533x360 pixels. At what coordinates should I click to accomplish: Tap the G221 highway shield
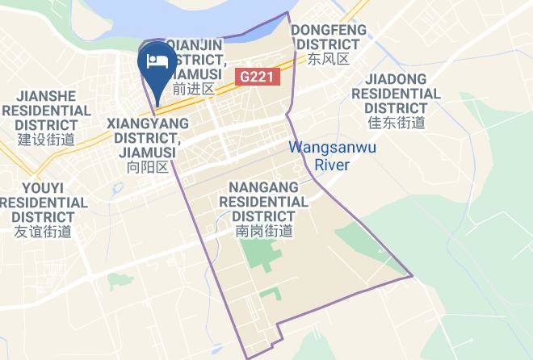point(258,77)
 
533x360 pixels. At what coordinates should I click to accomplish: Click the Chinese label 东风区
point(328,59)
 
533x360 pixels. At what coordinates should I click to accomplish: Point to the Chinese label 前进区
point(194,89)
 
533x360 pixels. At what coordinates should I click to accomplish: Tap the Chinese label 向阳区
point(148,167)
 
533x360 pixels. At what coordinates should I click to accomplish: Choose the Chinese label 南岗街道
point(263,231)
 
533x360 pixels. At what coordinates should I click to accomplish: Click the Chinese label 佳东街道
point(396,123)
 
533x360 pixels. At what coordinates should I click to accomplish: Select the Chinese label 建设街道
point(46,139)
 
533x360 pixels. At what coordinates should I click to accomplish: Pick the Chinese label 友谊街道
point(43,232)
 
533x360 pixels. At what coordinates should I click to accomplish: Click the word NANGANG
point(263,186)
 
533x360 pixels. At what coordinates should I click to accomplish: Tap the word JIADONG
point(396,78)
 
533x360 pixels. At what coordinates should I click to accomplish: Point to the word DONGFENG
point(329,30)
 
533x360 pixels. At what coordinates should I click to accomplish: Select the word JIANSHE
point(46,96)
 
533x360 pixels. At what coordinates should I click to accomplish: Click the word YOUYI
point(43,187)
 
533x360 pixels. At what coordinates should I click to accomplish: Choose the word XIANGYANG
point(148,123)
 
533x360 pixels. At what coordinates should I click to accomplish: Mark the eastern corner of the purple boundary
point(412,276)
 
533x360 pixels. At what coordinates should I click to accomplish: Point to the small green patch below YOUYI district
point(120,281)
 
